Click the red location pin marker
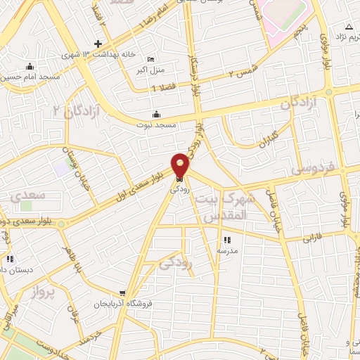click(181, 167)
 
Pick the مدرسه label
click(226, 250)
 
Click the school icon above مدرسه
click(226, 240)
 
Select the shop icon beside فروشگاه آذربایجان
click(123, 293)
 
